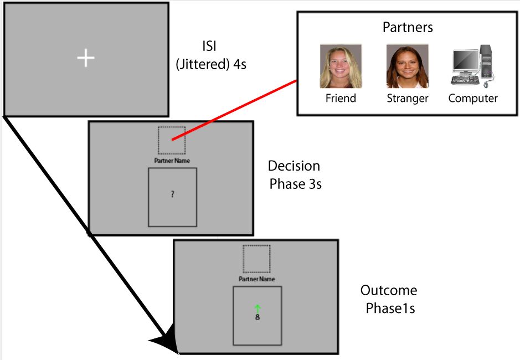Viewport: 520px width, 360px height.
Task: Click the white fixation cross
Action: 86,58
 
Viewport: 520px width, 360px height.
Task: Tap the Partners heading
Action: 408,27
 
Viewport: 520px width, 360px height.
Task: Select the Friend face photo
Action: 341,66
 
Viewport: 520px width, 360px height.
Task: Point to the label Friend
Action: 341,99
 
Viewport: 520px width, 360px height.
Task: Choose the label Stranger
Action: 407,99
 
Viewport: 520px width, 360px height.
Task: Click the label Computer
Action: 473,99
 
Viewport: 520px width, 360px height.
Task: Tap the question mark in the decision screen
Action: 173,194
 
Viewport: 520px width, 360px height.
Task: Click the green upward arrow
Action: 258,308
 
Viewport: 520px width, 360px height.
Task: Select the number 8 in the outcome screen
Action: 258,318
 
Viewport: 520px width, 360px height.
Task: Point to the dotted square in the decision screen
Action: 172,140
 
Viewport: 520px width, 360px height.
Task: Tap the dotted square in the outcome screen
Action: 256,259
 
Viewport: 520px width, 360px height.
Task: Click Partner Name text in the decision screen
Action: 172,161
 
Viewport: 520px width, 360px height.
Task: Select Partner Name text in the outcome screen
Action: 256,279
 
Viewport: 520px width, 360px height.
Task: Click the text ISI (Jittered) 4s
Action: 211,55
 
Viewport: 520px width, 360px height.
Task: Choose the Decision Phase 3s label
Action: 295,174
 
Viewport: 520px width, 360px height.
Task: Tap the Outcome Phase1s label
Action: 389,299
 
